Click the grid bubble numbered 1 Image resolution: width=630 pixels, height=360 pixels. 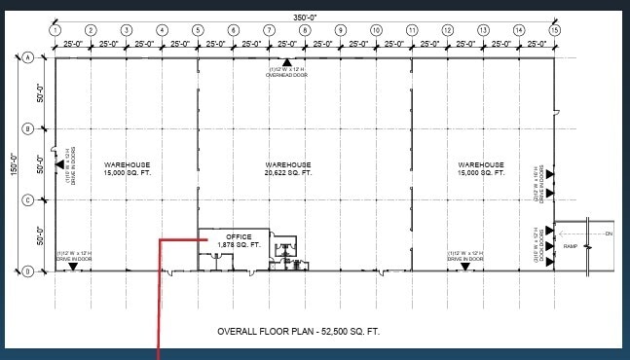click(55, 31)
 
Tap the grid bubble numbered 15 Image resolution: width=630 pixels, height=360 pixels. click(554, 31)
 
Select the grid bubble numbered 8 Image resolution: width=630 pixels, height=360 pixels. click(305, 31)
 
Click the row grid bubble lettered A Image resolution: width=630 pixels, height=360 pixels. click(29, 58)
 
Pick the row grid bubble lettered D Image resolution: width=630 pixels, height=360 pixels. click(29, 270)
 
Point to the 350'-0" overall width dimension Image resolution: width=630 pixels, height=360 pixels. click(305, 17)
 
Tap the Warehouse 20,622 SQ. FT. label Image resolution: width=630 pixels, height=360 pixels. click(286, 168)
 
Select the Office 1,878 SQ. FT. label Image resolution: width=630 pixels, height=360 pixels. click(239, 241)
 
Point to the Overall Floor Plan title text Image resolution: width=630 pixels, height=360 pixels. click(299, 332)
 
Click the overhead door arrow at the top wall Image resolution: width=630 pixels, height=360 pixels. click(287, 63)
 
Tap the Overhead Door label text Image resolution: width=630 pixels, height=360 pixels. click(287, 73)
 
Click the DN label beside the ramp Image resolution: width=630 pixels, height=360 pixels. click(609, 234)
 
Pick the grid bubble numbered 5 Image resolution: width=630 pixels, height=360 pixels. click(198, 31)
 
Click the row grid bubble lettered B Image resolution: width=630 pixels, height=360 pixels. click(29, 128)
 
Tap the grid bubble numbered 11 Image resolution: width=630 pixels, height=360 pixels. click(412, 31)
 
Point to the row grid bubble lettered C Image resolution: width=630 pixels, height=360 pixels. click(29, 199)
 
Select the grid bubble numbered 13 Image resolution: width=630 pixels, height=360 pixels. click(483, 31)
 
